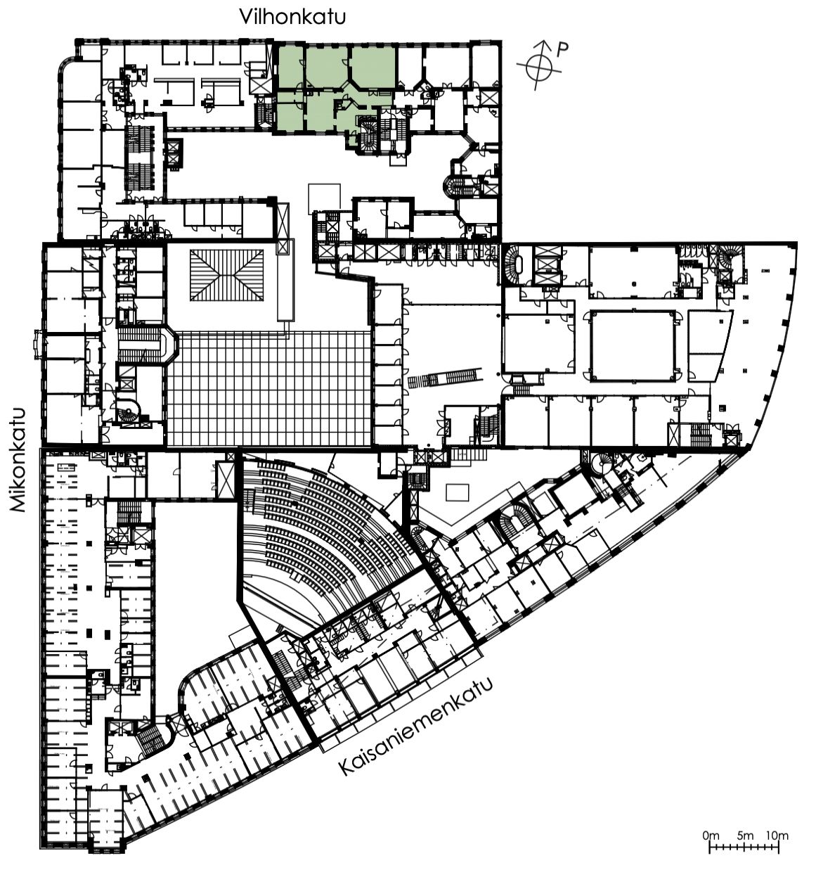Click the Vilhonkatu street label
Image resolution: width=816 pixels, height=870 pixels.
point(292,18)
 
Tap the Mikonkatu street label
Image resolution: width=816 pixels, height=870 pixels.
point(18,460)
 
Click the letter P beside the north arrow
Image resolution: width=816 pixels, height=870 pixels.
point(562,49)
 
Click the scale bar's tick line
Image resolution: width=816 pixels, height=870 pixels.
point(744,848)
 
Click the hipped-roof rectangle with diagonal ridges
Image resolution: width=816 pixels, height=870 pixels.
point(227,275)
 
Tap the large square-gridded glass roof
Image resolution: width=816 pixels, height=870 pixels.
point(269,388)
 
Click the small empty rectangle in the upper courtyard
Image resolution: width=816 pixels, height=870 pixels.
point(325,198)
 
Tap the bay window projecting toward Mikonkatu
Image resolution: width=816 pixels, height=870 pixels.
point(38,345)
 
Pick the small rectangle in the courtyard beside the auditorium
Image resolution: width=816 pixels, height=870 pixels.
point(458,492)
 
